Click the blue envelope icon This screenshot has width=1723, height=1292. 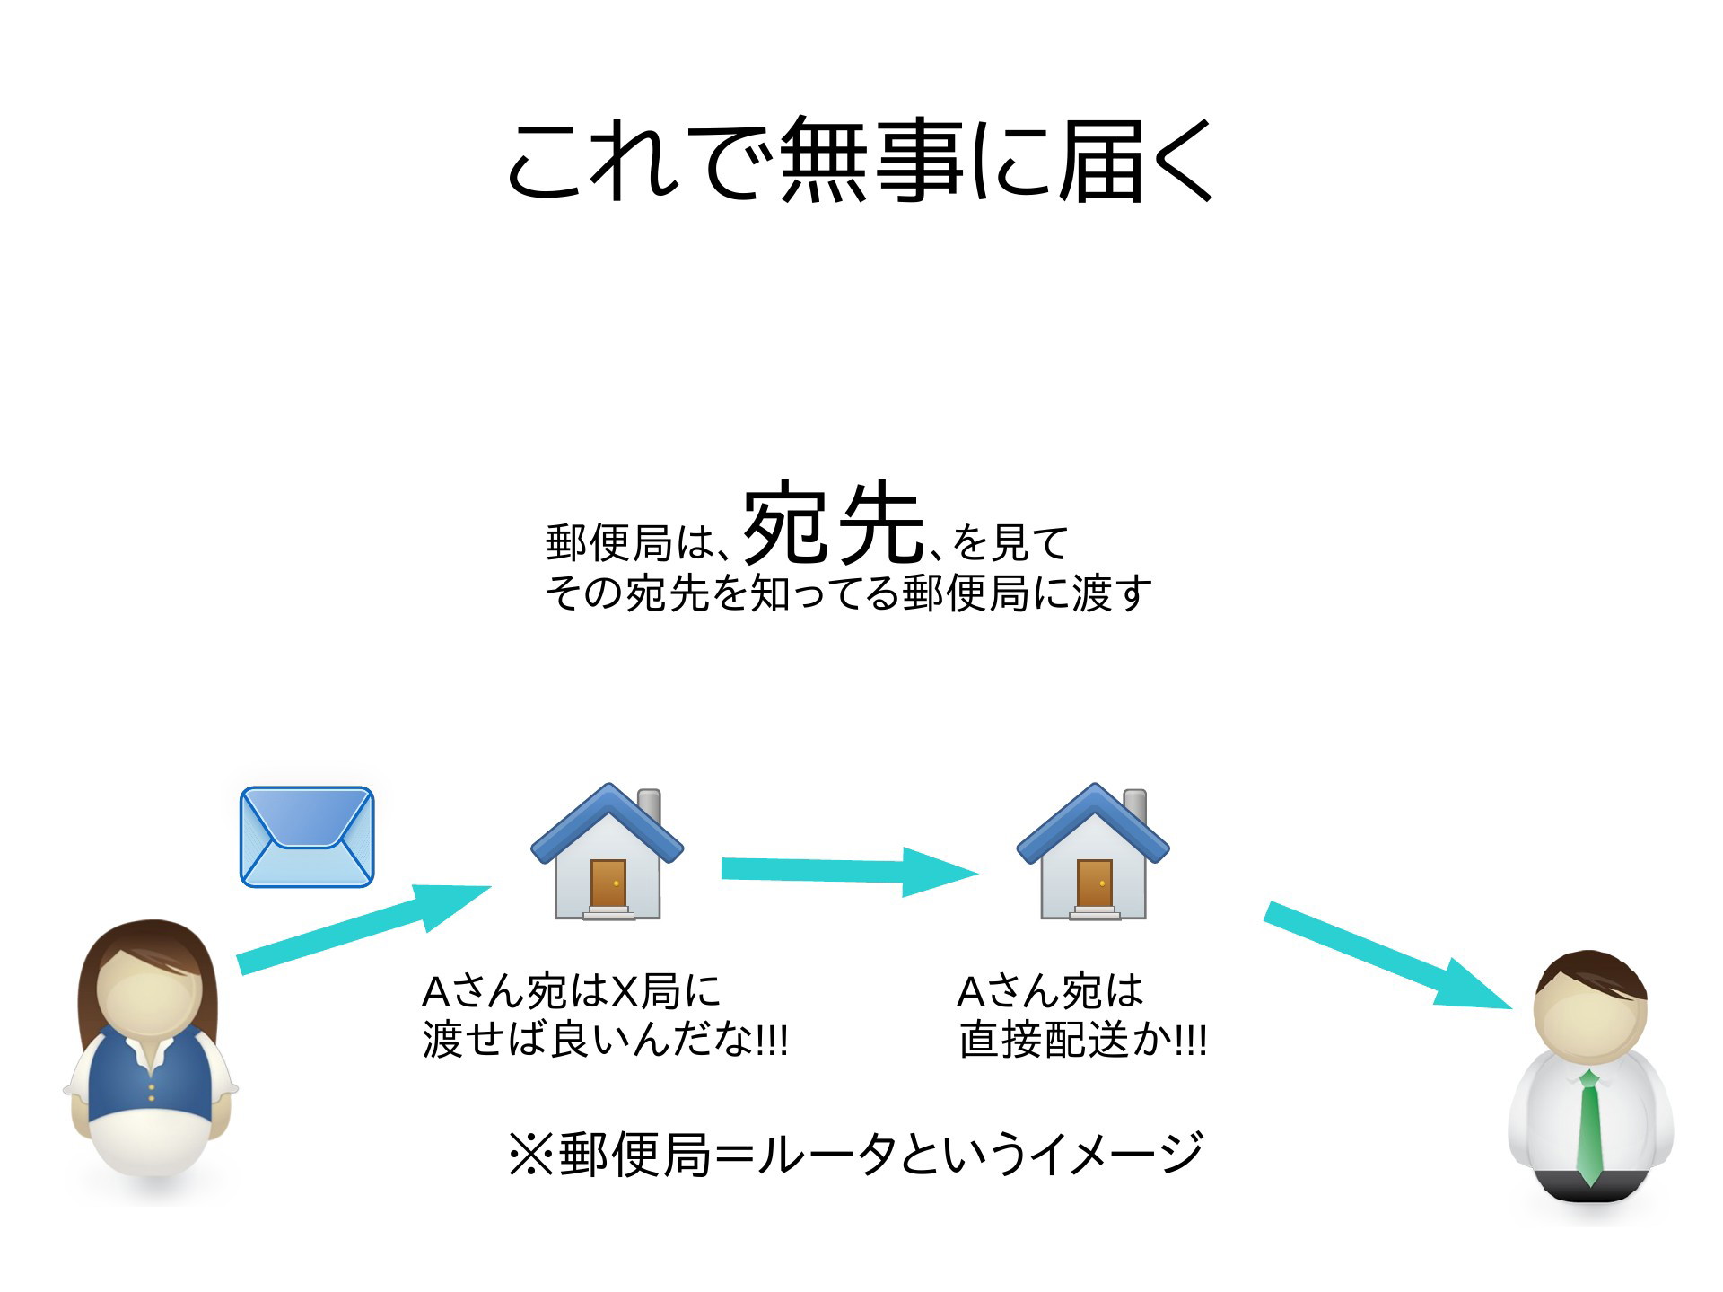pos(307,837)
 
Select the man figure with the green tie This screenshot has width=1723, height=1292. pos(1590,1077)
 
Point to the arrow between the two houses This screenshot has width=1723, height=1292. pos(849,870)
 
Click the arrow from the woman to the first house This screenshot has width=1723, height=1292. pos(363,927)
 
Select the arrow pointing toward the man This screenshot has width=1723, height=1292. pos(1387,954)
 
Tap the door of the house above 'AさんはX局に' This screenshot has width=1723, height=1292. pos(608,883)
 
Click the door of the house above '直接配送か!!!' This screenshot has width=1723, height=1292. pos(1094,883)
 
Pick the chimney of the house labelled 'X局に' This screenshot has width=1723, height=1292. pos(649,806)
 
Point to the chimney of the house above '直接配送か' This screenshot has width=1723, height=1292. pos(1135,806)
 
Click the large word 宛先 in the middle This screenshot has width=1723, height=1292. pos(834,523)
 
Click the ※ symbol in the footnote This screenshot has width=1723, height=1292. pos(530,1154)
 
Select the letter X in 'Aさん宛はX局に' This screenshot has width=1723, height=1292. pos(624,991)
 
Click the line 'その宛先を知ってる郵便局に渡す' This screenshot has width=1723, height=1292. pos(848,593)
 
